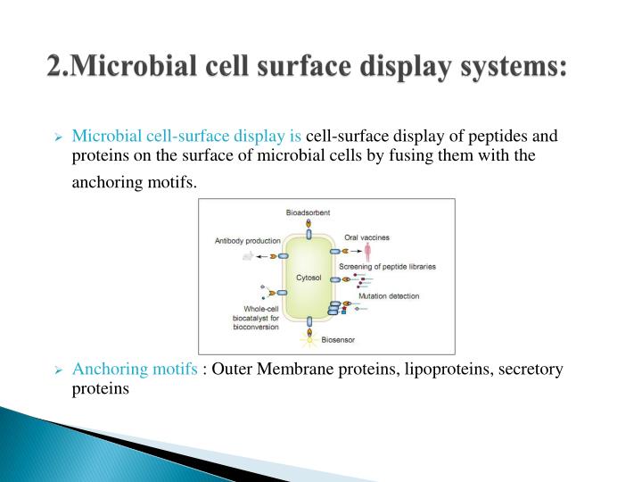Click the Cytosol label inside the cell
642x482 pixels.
coord(309,278)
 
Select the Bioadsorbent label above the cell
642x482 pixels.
coord(308,212)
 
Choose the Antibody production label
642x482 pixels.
coord(247,240)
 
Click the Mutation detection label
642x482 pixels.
coord(388,295)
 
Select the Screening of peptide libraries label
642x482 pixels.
coord(392,266)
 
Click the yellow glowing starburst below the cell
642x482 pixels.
coord(309,338)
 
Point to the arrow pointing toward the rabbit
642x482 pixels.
coord(264,256)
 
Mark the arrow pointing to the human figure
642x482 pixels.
coord(355,252)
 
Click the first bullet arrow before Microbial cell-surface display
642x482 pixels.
coord(58,138)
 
